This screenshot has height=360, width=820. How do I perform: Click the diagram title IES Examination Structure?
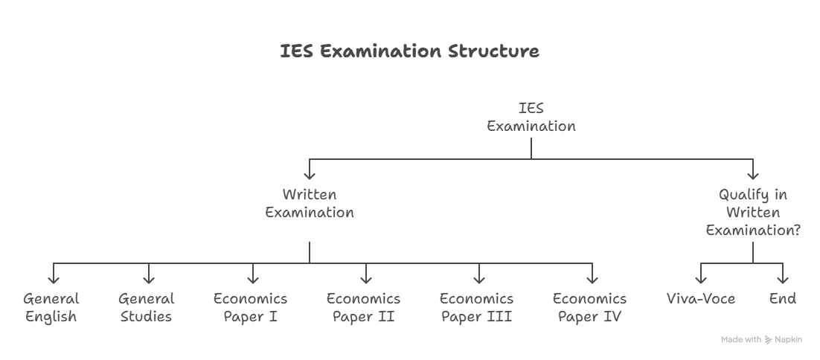click(x=409, y=51)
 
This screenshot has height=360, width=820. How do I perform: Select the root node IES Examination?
click(x=531, y=117)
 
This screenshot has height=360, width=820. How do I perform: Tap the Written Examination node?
click(x=310, y=203)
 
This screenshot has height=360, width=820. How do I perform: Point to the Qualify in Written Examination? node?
click(x=753, y=212)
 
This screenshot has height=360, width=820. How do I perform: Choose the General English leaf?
click(x=51, y=308)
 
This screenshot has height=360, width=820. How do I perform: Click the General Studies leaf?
click(x=147, y=308)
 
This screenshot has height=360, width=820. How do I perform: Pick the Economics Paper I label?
click(x=251, y=308)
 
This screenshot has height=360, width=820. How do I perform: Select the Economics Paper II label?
click(x=363, y=308)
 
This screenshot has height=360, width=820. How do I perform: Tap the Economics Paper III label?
click(x=476, y=308)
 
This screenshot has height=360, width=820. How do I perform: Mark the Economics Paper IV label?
click(x=589, y=308)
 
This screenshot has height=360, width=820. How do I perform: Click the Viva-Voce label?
click(x=701, y=299)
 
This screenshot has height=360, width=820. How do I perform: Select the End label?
click(x=783, y=299)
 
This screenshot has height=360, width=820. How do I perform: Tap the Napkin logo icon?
click(x=768, y=340)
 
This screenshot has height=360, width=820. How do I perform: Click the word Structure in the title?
click(x=493, y=51)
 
